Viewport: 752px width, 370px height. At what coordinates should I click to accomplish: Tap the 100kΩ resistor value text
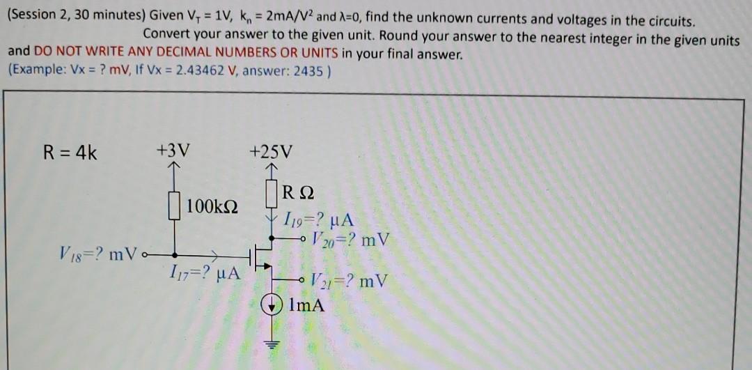(x=213, y=206)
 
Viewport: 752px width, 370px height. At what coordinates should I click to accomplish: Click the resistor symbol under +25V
(x=272, y=193)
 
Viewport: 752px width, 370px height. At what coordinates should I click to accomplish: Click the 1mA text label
(x=306, y=305)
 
